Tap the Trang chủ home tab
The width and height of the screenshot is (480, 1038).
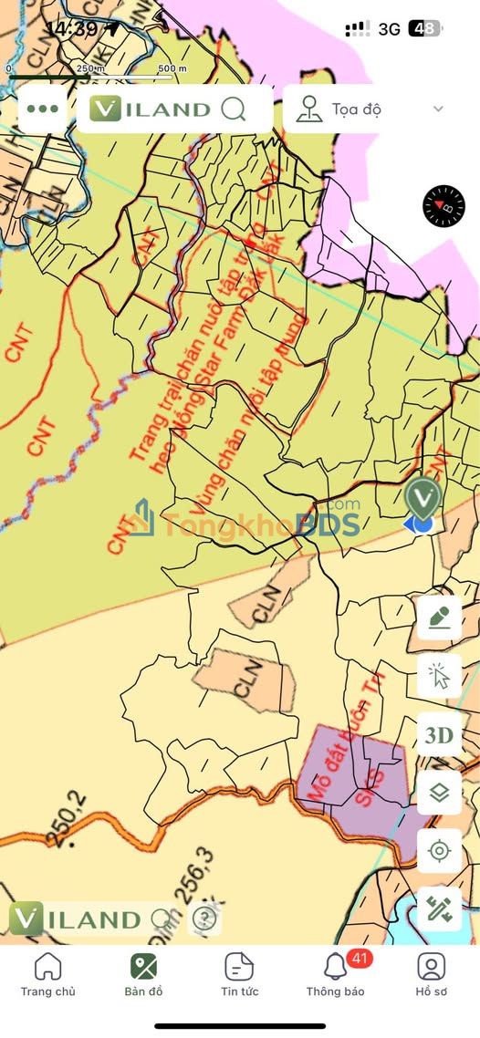click(x=47, y=974)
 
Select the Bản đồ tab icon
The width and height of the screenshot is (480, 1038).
click(x=143, y=967)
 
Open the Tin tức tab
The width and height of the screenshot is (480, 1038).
click(x=238, y=974)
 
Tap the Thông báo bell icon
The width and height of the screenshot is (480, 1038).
click(x=335, y=967)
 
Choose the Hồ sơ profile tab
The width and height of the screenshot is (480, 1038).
click(x=431, y=974)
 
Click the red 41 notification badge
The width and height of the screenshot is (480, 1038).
click(x=359, y=959)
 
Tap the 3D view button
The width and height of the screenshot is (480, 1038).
click(x=439, y=736)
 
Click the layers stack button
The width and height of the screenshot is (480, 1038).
click(x=439, y=794)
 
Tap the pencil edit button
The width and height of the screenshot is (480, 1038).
click(x=439, y=618)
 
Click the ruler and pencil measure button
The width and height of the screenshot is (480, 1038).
click(x=439, y=909)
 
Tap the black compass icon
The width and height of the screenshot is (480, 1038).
click(x=443, y=206)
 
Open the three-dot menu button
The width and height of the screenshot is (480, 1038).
click(x=43, y=109)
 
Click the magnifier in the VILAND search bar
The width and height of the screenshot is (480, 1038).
click(x=234, y=109)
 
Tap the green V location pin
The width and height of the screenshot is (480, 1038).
click(x=423, y=498)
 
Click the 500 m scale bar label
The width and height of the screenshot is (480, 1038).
click(x=172, y=68)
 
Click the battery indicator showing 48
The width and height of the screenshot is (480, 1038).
click(x=424, y=28)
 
